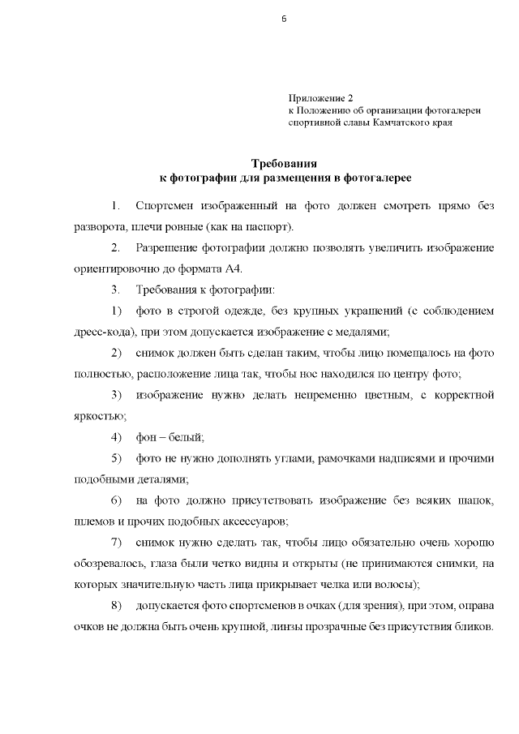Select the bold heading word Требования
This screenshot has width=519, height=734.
click(283, 164)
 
